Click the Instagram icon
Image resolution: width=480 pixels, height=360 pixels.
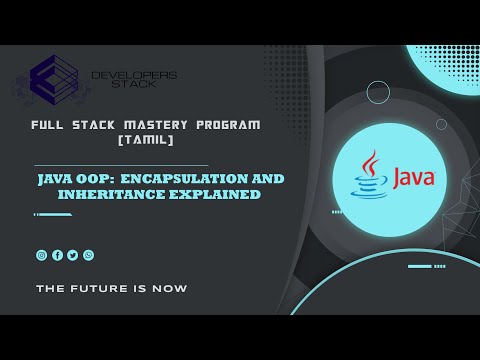tap(41, 255)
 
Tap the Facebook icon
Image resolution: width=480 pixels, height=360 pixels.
tap(57, 255)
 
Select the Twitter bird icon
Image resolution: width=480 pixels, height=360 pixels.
tap(72, 255)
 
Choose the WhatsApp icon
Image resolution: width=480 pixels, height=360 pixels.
tap(88, 255)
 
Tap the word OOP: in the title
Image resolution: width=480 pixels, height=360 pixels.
tap(84, 178)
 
